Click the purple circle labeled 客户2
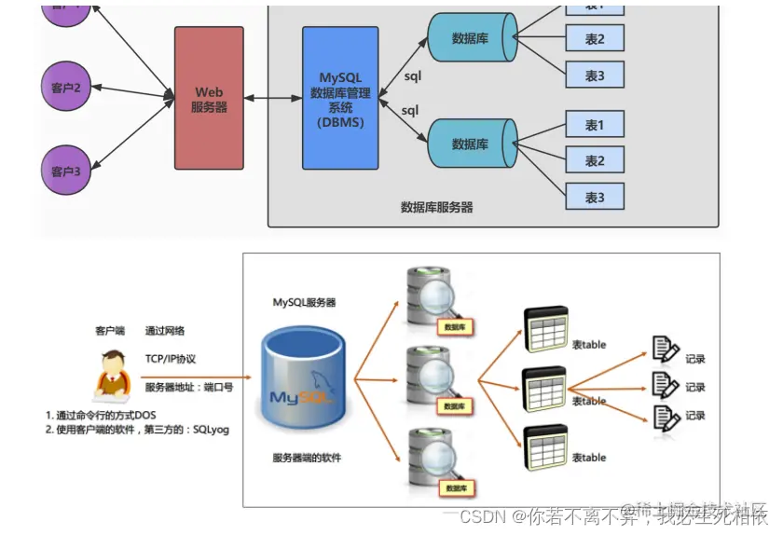click(x=66, y=88)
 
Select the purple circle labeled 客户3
click(x=66, y=171)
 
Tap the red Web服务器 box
click(x=210, y=99)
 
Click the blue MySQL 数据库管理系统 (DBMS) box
click(x=340, y=99)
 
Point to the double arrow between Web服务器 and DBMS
click(x=273, y=97)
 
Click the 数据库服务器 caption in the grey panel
click(x=436, y=207)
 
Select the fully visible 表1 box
click(x=594, y=125)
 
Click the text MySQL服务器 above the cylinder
click(x=304, y=303)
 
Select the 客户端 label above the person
click(x=109, y=331)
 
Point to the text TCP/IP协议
click(x=171, y=359)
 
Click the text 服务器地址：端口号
click(x=188, y=387)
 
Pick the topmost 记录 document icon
click(x=666, y=350)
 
